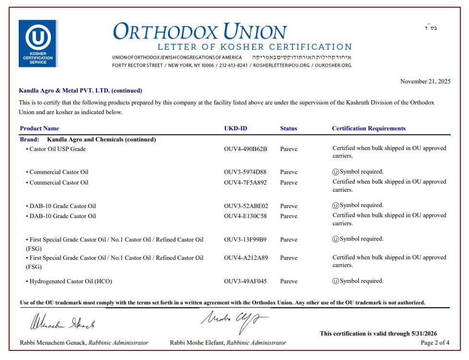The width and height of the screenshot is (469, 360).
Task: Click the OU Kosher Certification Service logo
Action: point(38,43)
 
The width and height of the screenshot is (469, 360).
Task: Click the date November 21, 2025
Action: point(425,81)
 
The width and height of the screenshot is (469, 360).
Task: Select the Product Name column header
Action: point(39,128)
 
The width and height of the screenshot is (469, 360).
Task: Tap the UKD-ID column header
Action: point(235,128)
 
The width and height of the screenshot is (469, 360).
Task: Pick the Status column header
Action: point(288,128)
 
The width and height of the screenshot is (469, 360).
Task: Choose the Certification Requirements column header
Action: point(368,128)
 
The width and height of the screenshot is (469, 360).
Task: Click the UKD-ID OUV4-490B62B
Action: point(245,149)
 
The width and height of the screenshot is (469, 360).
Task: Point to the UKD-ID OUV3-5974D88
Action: point(245,172)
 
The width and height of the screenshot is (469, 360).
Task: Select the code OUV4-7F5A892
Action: point(245,183)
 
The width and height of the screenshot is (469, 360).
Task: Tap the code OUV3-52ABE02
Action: point(246,206)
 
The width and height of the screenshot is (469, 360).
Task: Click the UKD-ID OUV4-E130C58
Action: point(245,216)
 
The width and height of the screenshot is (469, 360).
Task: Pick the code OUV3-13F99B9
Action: point(245,240)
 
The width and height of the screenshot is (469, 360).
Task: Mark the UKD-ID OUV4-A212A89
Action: point(246,258)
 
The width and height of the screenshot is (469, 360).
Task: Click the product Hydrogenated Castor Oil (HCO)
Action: point(70,281)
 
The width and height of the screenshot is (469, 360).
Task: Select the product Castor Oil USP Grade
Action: point(58,149)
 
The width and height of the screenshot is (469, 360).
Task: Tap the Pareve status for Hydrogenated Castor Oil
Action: point(289,281)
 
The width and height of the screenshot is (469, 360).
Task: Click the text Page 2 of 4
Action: point(435,343)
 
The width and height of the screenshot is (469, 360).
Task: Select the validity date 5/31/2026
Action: point(423,334)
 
